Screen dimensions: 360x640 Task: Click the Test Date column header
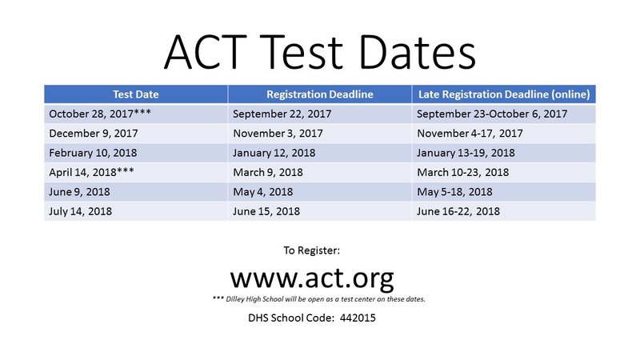pyautogui.click(x=135, y=94)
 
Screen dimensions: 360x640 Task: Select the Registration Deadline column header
pyautogui.click(x=319, y=94)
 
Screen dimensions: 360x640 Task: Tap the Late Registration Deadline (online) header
pyautogui.click(x=504, y=94)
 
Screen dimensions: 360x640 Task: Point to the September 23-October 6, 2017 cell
pyautogui.click(x=492, y=114)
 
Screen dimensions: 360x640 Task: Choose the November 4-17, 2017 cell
pyautogui.click(x=470, y=134)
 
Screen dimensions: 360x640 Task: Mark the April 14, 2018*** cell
pyautogui.click(x=88, y=172)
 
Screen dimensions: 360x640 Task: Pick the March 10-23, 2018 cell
pyautogui.click(x=464, y=172)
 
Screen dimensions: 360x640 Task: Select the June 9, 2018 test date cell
pyautogui.click(x=78, y=192)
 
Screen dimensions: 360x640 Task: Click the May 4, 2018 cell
pyautogui.click(x=262, y=192)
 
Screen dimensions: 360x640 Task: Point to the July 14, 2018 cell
pyautogui.click(x=79, y=211)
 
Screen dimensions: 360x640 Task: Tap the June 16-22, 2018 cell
pyautogui.click(x=458, y=211)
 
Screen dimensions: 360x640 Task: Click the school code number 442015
pyautogui.click(x=357, y=318)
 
